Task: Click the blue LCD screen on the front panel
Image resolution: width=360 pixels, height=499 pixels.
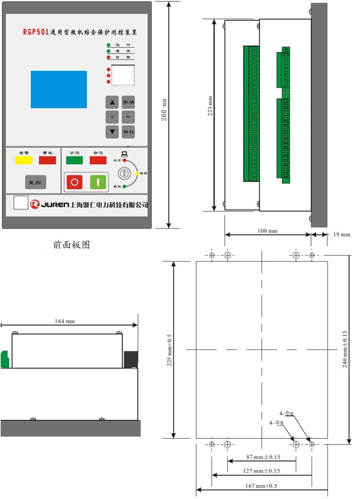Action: (x=58, y=89)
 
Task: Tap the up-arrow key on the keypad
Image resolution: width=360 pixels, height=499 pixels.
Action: (x=113, y=103)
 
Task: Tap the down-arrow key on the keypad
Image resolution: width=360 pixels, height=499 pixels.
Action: (x=113, y=131)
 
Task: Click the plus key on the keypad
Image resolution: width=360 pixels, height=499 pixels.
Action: (x=113, y=117)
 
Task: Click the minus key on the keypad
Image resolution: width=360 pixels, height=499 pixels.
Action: (x=128, y=117)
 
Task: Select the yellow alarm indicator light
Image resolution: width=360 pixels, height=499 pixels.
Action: (x=25, y=160)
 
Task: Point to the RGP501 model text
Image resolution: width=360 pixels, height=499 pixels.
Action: (x=35, y=31)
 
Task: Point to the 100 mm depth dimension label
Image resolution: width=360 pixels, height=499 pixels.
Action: (x=266, y=232)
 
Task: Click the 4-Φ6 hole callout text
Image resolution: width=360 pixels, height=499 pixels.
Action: (x=288, y=413)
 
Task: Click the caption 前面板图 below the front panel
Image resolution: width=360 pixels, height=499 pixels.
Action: (x=71, y=245)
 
